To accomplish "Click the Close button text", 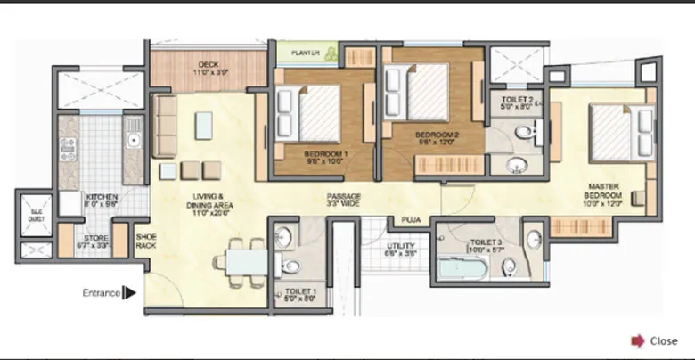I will pyautogui.click(x=664, y=340).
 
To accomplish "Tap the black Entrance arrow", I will pyautogui.click(x=128, y=291).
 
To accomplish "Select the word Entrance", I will pyautogui.click(x=102, y=292).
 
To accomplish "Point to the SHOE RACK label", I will pyautogui.click(x=145, y=241).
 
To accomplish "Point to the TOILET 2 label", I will pyautogui.click(x=518, y=103).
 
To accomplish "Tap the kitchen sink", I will pyautogui.click(x=134, y=141).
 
